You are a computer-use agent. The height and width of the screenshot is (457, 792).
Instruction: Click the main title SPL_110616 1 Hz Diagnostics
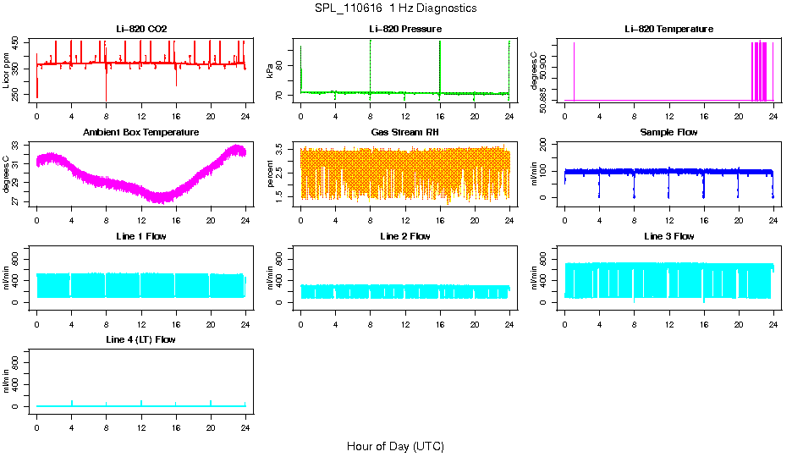point(395,8)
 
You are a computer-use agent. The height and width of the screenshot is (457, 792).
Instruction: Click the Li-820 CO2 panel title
point(141,29)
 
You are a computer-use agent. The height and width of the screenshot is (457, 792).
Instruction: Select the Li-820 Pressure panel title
point(404,29)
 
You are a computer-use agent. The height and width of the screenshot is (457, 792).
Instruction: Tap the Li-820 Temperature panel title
point(668,29)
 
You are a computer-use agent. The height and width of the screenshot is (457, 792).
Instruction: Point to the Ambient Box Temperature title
point(141,133)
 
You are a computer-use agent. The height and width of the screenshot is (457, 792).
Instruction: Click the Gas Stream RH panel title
point(404,133)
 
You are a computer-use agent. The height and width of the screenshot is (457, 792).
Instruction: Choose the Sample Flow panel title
point(668,133)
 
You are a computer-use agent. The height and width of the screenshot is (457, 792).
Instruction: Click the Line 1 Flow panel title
point(141,236)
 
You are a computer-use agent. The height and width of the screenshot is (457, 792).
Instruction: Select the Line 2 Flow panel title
point(404,236)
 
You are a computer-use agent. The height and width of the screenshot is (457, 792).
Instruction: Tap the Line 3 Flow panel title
point(668,236)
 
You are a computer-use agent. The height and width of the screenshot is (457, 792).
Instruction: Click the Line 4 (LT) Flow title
point(141,339)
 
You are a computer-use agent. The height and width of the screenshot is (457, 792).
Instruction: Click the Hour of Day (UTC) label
point(395,446)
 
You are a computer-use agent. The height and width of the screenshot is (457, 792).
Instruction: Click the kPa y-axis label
point(271,70)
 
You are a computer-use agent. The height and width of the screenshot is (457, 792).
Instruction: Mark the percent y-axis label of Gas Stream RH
point(271,173)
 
